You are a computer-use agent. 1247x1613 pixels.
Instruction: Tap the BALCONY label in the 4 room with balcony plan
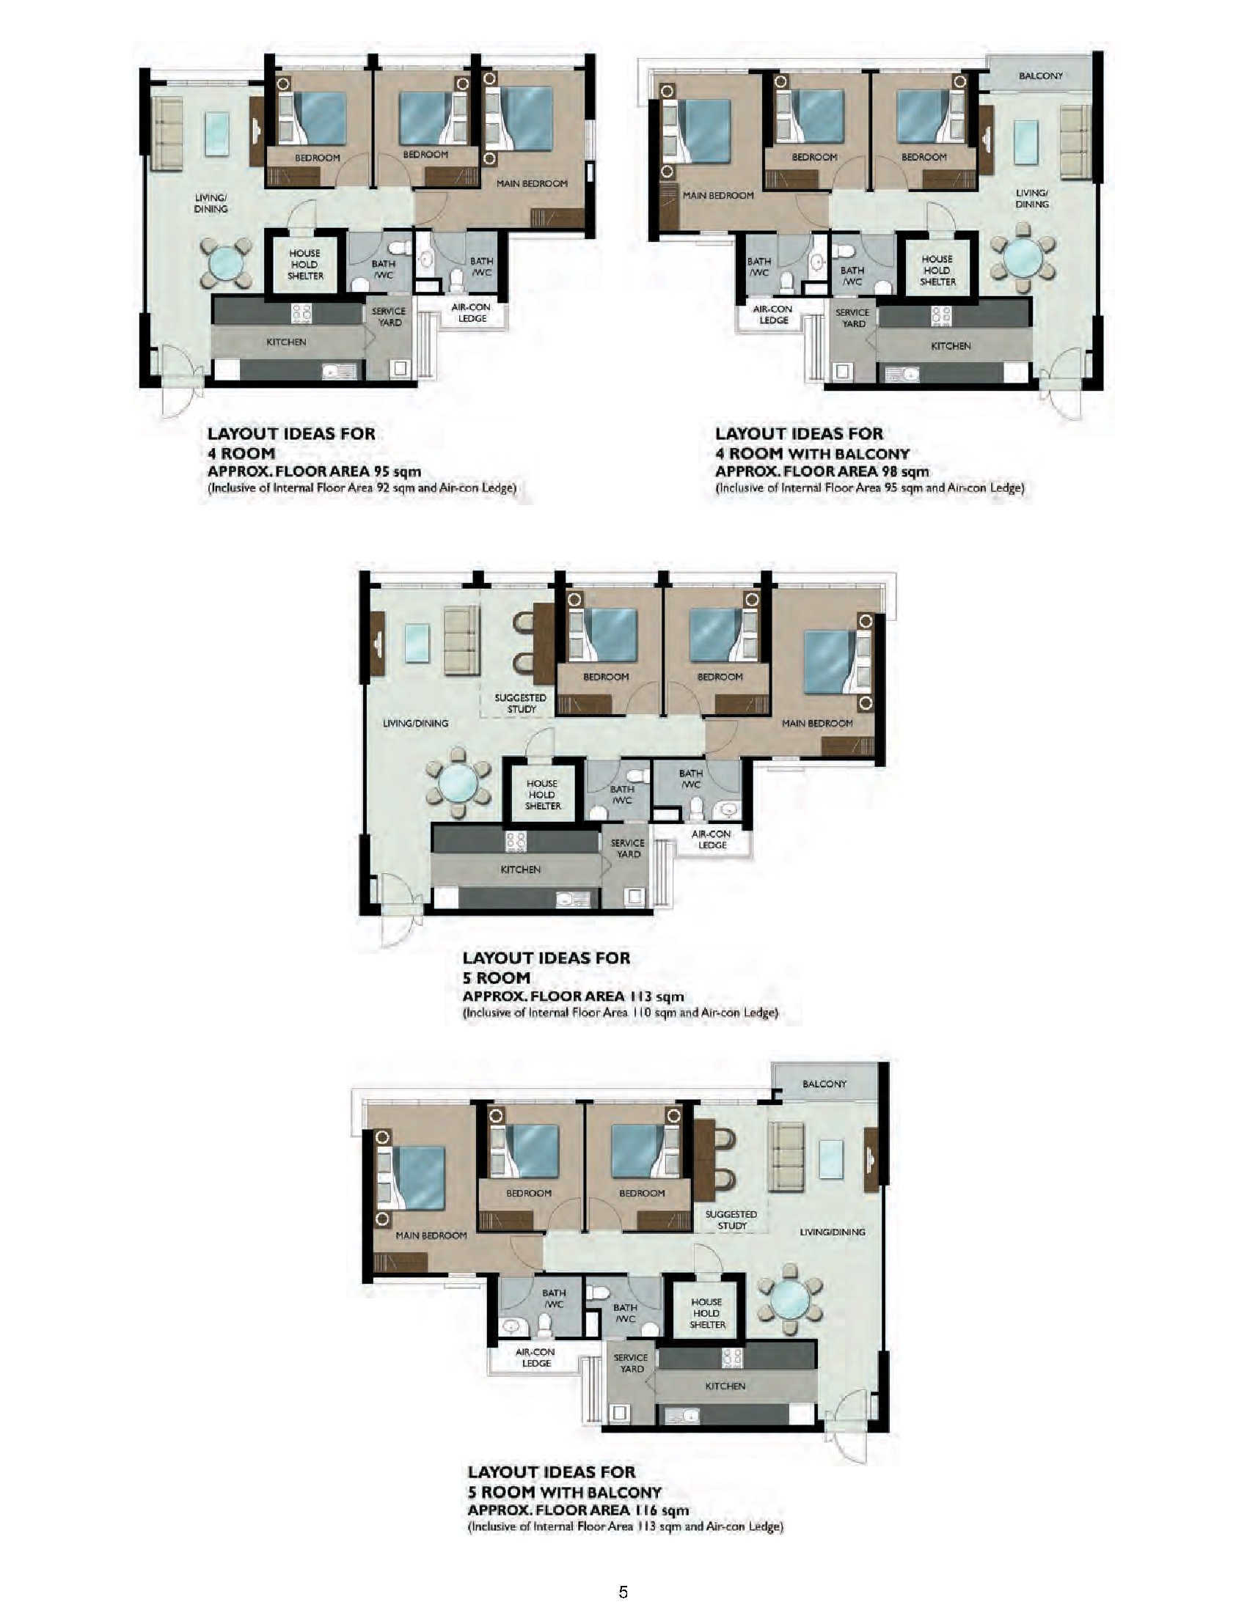coord(1041,76)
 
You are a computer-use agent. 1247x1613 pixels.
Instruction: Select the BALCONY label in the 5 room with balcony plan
coord(824,1084)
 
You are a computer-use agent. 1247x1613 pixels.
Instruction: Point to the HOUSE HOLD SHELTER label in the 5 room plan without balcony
coord(542,795)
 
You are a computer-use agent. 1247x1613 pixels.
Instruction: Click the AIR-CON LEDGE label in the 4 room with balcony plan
coord(772,315)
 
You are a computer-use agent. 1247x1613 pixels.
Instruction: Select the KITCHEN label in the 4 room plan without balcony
coord(286,342)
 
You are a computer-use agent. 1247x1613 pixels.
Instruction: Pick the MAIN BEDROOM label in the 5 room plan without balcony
coord(817,723)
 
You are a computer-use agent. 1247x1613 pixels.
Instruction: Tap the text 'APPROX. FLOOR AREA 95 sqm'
coord(315,471)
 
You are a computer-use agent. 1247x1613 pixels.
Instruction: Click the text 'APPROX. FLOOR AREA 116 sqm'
coord(579,1510)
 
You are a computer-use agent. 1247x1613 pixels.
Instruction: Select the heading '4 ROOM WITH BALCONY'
coord(813,452)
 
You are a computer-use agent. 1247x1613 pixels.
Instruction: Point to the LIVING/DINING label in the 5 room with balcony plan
coord(833,1232)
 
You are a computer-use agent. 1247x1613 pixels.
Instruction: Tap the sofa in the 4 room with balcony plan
coord(1075,141)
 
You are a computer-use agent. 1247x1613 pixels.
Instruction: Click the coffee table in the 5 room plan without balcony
coord(417,642)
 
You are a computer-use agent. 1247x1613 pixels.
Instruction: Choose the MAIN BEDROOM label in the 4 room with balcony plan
coord(718,196)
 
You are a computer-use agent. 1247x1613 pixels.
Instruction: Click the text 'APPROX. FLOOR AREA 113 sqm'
coord(574,996)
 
